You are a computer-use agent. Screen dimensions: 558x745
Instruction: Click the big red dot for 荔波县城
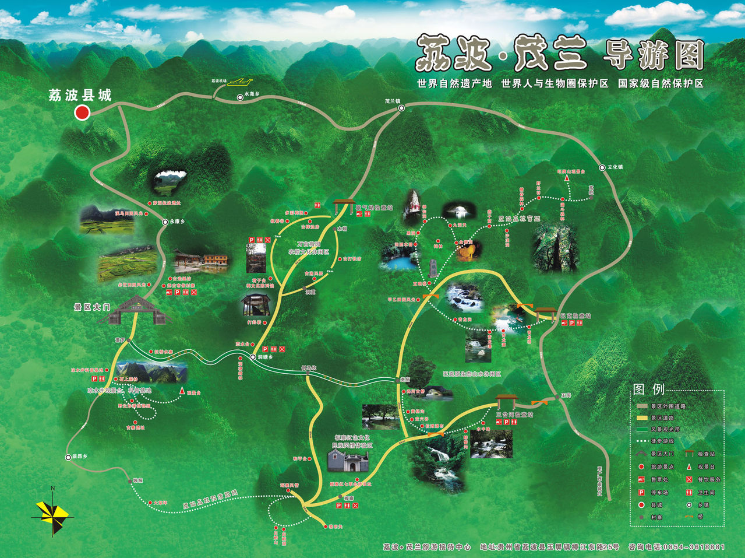[x=82, y=113]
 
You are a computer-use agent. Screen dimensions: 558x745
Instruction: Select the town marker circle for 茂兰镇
[x=401, y=108]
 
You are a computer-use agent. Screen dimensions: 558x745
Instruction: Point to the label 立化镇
[x=615, y=167]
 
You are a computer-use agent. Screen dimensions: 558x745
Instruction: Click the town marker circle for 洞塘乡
[x=253, y=356]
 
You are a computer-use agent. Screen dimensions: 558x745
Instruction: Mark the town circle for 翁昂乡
[x=68, y=457]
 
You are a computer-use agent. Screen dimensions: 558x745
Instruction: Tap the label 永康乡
[x=177, y=222]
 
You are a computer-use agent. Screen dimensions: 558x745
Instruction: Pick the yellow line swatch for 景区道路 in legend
[x=642, y=417]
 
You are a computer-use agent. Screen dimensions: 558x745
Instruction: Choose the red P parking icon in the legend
[x=641, y=492]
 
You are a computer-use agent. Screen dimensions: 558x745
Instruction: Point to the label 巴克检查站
[x=575, y=315]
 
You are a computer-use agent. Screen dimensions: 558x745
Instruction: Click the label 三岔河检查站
[x=514, y=415]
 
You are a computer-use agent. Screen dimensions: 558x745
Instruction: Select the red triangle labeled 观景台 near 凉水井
[x=182, y=391]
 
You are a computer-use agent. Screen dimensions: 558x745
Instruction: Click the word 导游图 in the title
[x=653, y=55]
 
